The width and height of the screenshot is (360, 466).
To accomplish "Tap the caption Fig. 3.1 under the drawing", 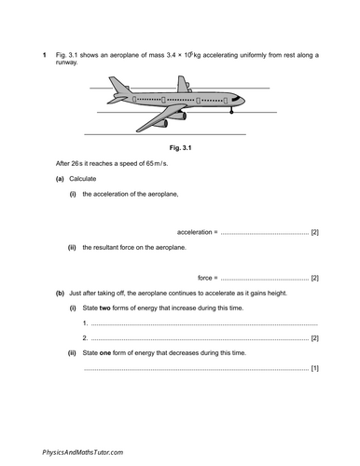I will click(179, 146).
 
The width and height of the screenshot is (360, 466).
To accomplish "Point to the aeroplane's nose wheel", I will click(231, 113).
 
